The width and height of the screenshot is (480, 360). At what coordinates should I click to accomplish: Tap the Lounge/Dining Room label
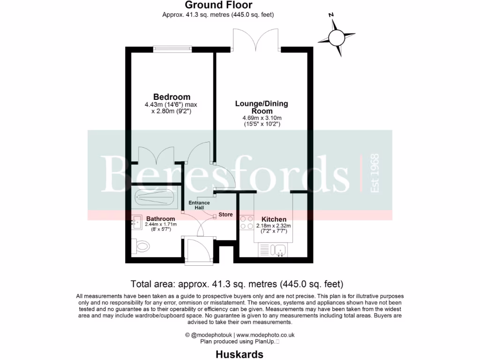click(x=262, y=107)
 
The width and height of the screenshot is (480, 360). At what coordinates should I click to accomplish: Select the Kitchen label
click(x=274, y=219)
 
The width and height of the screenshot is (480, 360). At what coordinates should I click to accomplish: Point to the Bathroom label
click(x=161, y=219)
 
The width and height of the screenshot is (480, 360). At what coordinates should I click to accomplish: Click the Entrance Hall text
click(x=199, y=205)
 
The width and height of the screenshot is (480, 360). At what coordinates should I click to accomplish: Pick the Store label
click(x=225, y=215)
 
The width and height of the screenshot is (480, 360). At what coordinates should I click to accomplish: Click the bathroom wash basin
click(x=137, y=221)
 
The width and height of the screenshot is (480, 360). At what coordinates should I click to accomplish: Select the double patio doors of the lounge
click(x=256, y=40)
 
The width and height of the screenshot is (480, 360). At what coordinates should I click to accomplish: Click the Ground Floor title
click(x=218, y=5)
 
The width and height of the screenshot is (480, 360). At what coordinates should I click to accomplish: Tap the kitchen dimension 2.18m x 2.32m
click(x=274, y=226)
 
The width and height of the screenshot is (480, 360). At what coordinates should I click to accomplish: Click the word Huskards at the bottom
click(x=240, y=354)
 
